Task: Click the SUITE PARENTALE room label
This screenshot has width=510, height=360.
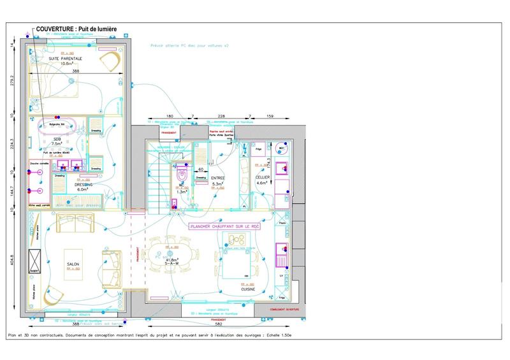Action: (61, 59)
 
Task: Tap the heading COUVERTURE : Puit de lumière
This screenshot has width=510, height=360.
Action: (80, 29)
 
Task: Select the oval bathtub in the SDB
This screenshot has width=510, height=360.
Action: (57, 125)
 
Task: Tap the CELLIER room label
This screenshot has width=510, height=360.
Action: (263, 179)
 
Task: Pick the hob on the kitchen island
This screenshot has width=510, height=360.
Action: (237, 240)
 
